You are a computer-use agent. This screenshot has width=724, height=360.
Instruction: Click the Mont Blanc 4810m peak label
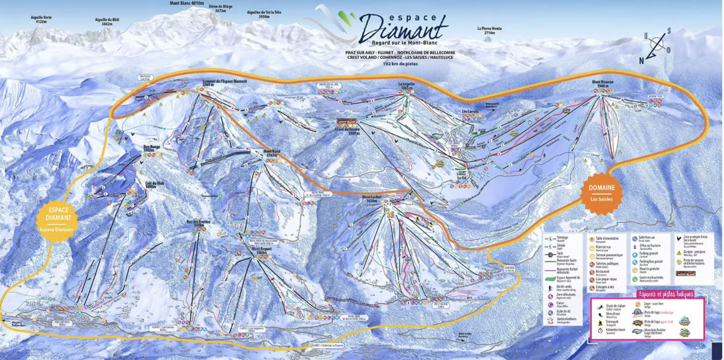click(187, 3)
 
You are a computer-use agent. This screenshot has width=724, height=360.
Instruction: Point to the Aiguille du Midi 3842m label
click(107, 21)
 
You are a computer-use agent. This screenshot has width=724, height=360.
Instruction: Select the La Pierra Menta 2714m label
click(489, 29)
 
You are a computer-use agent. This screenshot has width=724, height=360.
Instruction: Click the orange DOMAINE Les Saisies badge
click(601, 192)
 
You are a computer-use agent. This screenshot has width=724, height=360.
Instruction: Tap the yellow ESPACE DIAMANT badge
click(57, 219)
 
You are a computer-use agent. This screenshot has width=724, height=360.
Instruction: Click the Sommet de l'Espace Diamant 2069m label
click(224, 82)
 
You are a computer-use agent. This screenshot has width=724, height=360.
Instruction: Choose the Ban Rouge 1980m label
click(152, 148)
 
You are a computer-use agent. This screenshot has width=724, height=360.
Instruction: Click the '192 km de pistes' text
click(401, 64)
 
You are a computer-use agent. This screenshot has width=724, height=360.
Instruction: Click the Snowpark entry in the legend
click(611, 321)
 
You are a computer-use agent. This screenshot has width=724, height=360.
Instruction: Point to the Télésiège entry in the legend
click(562, 239)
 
